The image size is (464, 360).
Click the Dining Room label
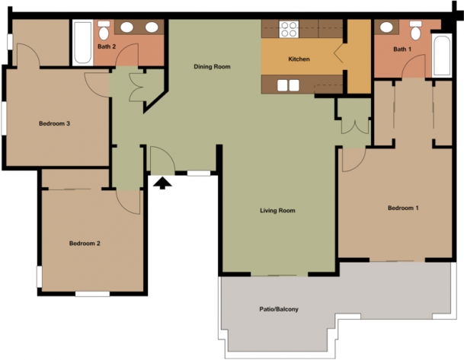click(x=212, y=67)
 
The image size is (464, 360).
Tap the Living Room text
click(x=277, y=210)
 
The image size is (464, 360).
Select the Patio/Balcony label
click(x=279, y=309)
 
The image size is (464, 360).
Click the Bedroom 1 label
click(x=403, y=208)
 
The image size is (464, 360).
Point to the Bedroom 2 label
click(x=85, y=244)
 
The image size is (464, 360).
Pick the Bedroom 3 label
click(x=54, y=123)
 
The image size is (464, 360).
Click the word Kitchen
click(x=299, y=59)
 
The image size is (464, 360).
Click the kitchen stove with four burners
click(x=289, y=29)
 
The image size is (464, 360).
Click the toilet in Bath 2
click(x=104, y=30)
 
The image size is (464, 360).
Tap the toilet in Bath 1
click(x=416, y=30)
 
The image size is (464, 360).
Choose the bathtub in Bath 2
click(x=82, y=43)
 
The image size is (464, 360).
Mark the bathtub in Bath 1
click(x=442, y=56)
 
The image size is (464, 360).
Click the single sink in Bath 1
click(x=386, y=27)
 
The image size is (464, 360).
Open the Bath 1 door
click(x=414, y=66)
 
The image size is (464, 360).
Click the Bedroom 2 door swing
click(x=128, y=202)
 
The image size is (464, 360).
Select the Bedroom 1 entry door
click(x=354, y=160)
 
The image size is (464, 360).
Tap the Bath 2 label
click(x=107, y=46)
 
